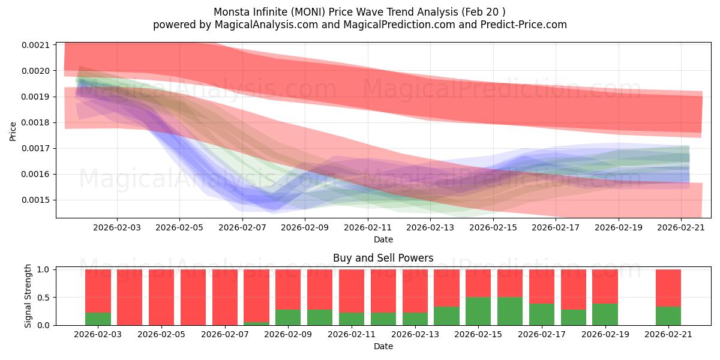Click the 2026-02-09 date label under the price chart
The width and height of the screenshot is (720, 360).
(305, 227)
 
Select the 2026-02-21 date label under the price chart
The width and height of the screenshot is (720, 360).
(681, 227)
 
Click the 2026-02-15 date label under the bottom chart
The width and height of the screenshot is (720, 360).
(478, 334)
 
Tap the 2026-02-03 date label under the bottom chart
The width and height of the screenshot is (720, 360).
(98, 334)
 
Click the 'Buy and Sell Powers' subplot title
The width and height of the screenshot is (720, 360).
(383, 259)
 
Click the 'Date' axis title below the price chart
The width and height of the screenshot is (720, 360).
(383, 239)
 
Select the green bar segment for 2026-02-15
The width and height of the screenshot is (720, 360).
(478, 311)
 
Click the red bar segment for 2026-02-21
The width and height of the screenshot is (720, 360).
(668, 287)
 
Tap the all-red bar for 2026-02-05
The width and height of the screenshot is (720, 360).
(161, 297)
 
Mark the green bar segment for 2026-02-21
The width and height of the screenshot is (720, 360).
(668, 316)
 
